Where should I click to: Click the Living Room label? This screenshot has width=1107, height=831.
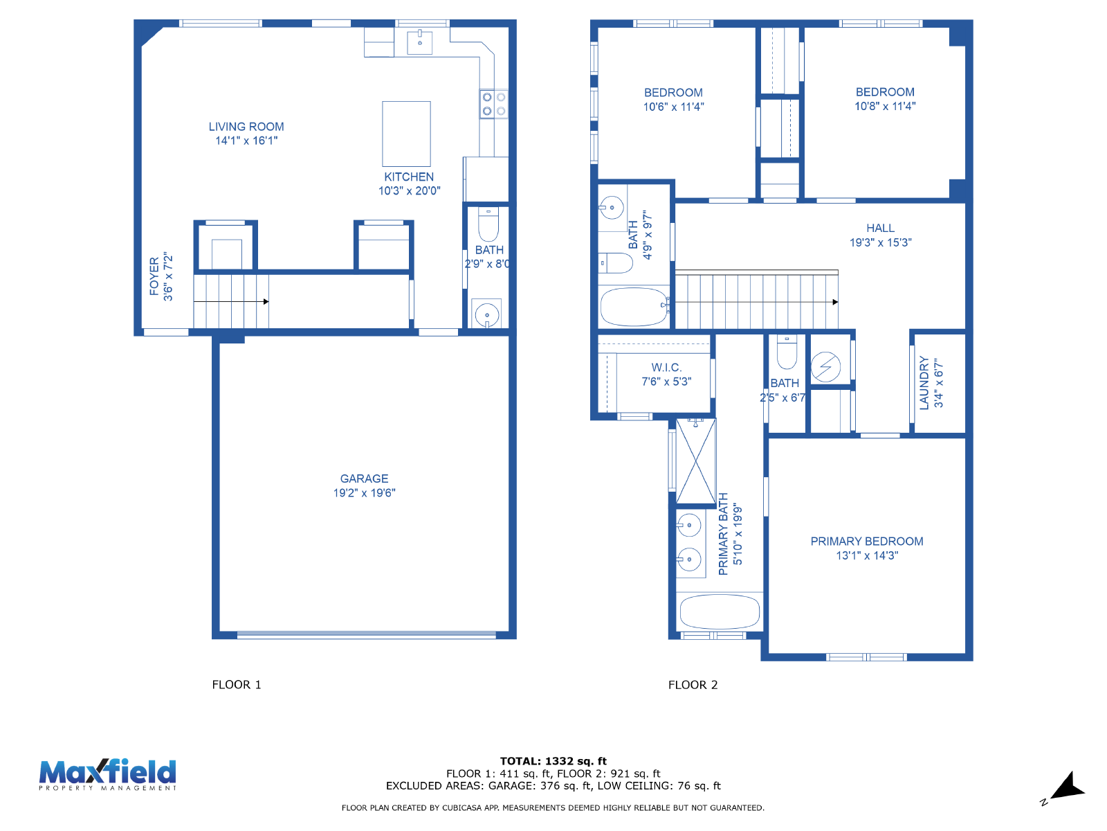tap(246, 127)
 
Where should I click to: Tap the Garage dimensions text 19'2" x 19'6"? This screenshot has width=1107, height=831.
tap(364, 493)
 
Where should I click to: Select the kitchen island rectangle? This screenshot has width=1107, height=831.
tap(406, 134)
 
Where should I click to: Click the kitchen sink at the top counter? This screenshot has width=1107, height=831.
tap(419, 42)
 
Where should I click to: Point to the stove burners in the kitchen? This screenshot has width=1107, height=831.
tap(494, 104)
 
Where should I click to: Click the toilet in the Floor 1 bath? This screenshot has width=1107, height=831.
tap(488, 224)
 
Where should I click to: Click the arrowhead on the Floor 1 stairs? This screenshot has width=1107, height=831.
tap(266, 302)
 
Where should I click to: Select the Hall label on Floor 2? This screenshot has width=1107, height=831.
tap(880, 228)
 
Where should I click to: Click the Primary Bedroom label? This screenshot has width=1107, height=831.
tap(866, 542)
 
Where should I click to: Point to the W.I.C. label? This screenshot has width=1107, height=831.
tap(666, 367)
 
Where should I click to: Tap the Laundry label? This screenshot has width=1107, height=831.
tap(924, 383)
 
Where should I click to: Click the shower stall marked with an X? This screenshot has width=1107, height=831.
tap(695, 461)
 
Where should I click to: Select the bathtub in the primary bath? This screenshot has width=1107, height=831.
tap(720, 612)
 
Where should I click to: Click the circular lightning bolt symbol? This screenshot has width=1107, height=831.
tap(825, 367)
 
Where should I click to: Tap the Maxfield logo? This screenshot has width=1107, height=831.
tap(108, 774)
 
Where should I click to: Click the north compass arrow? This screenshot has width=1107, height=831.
tap(1068, 785)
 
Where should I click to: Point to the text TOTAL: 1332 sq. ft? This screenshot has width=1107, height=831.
tap(553, 761)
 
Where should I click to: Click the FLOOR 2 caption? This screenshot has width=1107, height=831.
tap(693, 685)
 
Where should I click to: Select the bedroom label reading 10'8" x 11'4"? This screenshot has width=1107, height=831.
tap(885, 106)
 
